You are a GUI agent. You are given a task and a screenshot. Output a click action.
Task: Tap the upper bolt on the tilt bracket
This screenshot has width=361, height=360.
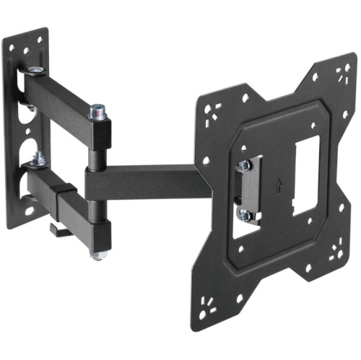tap(245, 164)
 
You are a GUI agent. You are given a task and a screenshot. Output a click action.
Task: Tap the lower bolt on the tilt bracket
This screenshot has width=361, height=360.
tap(245, 214)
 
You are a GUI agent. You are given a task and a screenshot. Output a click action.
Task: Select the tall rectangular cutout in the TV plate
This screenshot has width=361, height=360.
tap(305, 175)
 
